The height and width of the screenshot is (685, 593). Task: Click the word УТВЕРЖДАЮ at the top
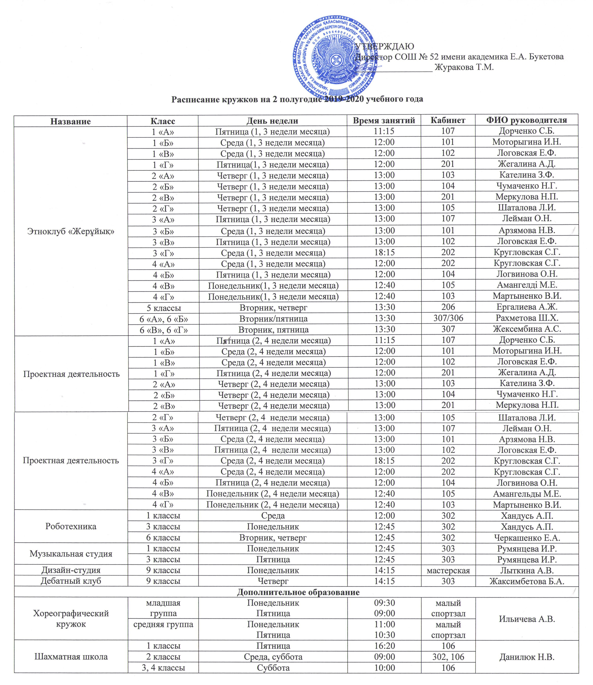385,46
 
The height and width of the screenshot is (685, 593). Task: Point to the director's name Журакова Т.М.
464,67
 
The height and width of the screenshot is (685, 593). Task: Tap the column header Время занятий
384,120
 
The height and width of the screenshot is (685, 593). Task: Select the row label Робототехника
71,526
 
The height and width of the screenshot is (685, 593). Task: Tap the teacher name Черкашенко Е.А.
527,538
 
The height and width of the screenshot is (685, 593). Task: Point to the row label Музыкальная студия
71,554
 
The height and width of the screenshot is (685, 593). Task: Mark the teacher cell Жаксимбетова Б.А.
527,581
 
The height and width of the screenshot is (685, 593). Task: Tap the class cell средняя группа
163,624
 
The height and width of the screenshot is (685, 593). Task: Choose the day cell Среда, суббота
273,657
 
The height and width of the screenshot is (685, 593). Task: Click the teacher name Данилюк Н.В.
527,657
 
